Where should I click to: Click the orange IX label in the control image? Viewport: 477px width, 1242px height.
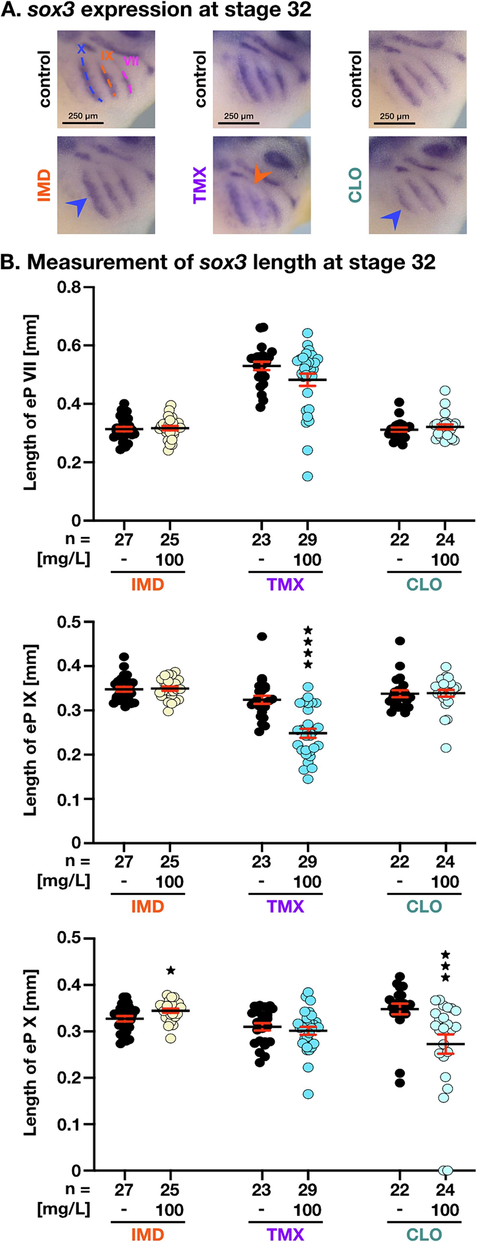tap(107, 56)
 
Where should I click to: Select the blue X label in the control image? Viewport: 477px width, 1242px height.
tap(81, 49)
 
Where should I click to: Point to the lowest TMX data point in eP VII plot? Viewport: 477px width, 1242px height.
tap(307, 476)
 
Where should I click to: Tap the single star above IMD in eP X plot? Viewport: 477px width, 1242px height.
tap(170, 971)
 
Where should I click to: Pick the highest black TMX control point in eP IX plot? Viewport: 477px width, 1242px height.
tap(261, 636)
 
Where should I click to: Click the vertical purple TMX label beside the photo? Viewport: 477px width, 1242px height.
tap(200, 185)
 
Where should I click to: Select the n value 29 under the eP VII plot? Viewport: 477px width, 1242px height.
tap(307, 540)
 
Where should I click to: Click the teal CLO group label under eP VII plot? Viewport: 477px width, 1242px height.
tap(424, 584)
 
